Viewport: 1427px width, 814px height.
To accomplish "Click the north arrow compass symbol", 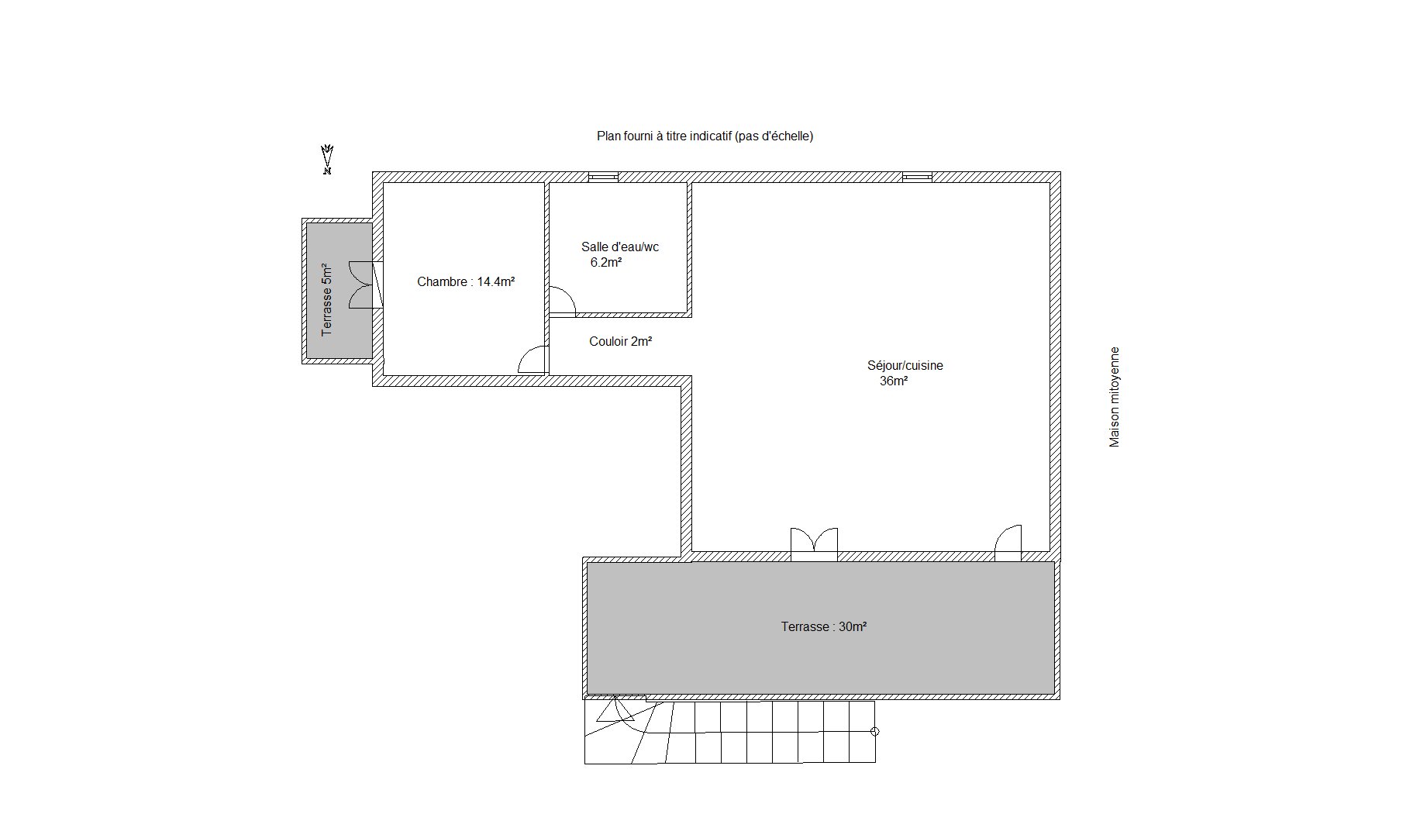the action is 328,160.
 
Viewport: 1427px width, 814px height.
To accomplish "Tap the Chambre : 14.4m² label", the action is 466,282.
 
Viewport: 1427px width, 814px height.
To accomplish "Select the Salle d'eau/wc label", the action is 620,247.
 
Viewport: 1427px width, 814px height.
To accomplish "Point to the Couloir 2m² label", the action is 620,341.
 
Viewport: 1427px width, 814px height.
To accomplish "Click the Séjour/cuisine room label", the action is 905,366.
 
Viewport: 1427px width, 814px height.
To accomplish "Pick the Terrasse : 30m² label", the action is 824,626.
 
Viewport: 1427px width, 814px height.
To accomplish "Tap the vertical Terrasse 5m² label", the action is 327,298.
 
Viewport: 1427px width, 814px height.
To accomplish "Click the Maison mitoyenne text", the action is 1115,397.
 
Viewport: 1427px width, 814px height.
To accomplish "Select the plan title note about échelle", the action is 705,136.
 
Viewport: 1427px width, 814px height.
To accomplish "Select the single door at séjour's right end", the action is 1008,543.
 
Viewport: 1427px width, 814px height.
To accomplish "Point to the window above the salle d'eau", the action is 603,177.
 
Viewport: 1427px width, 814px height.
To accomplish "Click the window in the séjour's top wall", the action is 917,177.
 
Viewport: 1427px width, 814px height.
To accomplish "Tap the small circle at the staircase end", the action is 875,731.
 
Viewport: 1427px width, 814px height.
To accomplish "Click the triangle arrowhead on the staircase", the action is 615,712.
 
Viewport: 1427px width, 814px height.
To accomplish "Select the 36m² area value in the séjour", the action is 894,381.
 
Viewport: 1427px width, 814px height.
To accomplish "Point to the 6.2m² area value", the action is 606,263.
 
